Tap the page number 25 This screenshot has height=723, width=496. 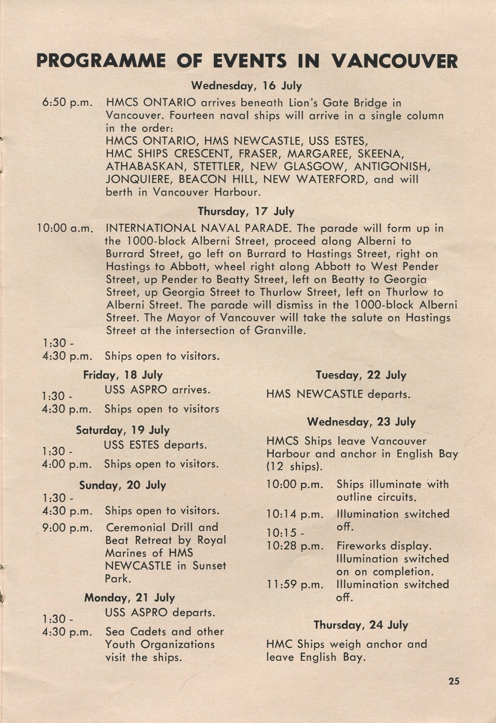(454, 681)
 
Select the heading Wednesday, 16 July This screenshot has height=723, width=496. (246, 86)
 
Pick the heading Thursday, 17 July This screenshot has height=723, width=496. (246, 212)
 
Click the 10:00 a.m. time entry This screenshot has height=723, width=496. (64, 228)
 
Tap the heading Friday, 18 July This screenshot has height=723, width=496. (123, 375)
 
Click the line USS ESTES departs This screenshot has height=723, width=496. (155, 445)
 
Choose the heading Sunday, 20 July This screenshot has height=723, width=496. (122, 485)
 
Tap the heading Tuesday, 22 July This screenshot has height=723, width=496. (361, 375)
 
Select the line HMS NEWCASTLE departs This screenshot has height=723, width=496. (338, 395)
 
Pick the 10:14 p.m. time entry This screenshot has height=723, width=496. (294, 515)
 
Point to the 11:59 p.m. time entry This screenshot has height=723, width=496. (294, 585)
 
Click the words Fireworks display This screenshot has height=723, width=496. (384, 546)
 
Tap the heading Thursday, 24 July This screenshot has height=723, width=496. (361, 625)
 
